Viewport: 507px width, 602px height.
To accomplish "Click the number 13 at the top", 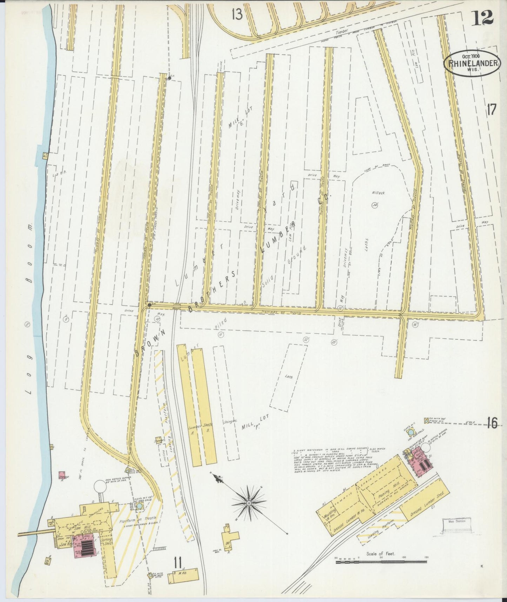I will [237, 14].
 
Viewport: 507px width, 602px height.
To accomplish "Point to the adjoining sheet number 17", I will [491, 110].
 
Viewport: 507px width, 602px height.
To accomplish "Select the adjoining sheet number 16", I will [492, 424].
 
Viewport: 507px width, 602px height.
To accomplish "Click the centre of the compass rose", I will [249, 503].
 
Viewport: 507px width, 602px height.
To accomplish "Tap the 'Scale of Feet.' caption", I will [381, 554].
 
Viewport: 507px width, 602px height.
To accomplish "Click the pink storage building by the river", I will [62, 475].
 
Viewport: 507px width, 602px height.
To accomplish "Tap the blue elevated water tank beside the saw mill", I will [140, 506].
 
